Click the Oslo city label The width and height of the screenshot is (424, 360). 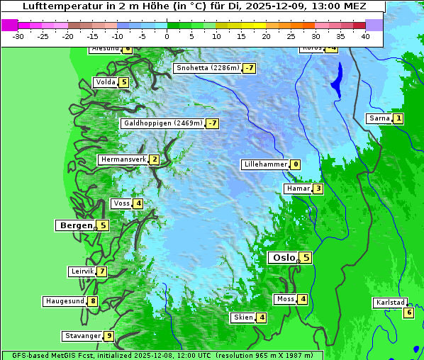click(x=283, y=258)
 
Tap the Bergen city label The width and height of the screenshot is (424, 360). click(x=75, y=225)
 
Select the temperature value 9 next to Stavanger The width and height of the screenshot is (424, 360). click(x=108, y=336)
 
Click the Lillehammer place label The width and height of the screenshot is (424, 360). click(x=265, y=164)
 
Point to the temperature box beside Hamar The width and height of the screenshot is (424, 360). click(x=318, y=189)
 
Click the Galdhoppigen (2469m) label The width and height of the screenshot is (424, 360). click(x=162, y=123)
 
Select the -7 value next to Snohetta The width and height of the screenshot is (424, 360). click(x=249, y=68)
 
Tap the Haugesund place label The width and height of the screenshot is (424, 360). click(x=65, y=301)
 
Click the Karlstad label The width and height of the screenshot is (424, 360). click(x=390, y=303)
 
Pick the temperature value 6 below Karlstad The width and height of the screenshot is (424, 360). click(x=408, y=313)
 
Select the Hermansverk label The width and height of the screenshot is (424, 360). click(x=123, y=159)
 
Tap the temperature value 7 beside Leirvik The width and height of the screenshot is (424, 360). click(x=102, y=271)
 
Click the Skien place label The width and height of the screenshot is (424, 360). click(x=242, y=317)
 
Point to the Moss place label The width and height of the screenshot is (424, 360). click(x=285, y=299)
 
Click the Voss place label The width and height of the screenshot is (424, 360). click(x=121, y=203)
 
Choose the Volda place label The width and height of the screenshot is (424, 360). click(x=105, y=82)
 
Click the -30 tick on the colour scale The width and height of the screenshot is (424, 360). click(x=18, y=36)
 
